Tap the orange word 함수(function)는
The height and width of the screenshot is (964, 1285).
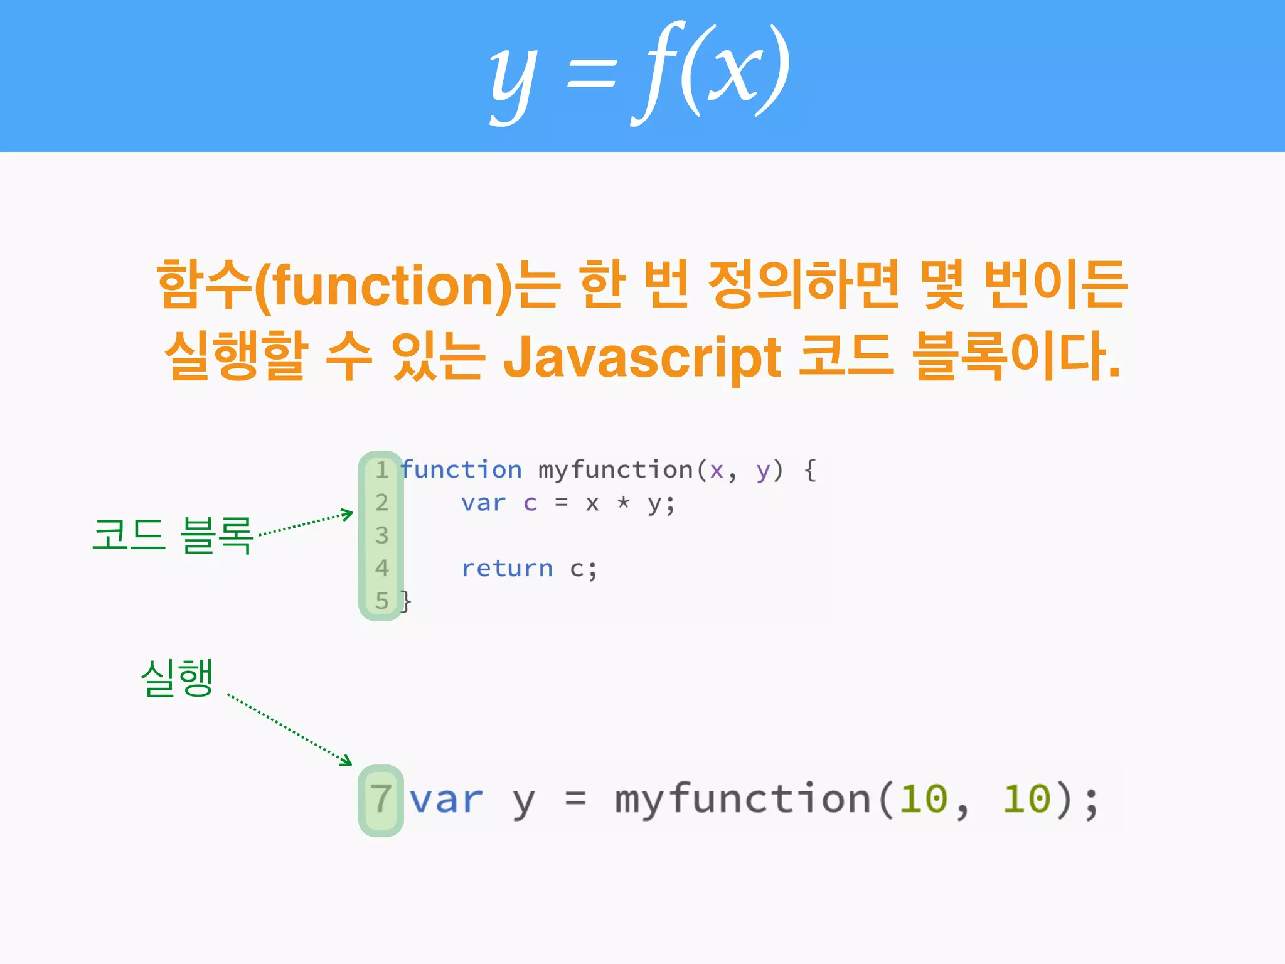tap(358, 286)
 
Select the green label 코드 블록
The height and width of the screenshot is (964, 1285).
tap(173, 535)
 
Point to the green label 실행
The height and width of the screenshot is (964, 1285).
tap(177, 677)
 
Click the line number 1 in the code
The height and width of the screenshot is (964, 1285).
tap(381, 469)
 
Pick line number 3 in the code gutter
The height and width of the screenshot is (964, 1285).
tap(381, 535)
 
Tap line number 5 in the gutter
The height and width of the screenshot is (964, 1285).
tap(381, 601)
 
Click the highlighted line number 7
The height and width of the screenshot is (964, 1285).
tap(381, 799)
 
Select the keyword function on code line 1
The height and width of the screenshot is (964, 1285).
tap(461, 469)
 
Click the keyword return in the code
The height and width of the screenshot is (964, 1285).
tap(507, 568)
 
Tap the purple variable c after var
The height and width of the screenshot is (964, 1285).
tap(530, 503)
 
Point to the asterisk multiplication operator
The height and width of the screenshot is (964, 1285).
tap(623, 502)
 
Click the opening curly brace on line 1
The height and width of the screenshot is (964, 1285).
tap(810, 469)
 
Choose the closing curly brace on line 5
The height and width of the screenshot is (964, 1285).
tap(406, 601)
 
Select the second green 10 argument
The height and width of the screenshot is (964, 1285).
tap(1026, 799)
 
